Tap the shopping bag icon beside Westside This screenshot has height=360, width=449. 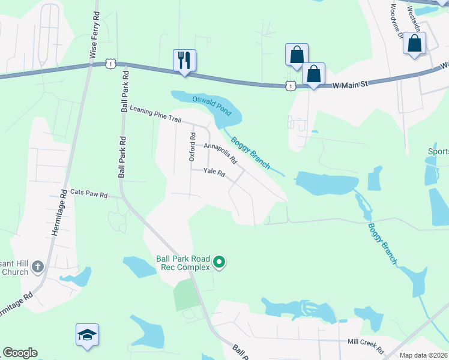click(415, 44)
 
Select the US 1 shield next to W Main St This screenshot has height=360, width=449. click(291, 86)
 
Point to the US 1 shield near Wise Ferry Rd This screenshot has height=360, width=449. click(109, 63)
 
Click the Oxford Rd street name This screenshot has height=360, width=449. click(193, 147)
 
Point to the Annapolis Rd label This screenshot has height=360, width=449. click(220, 154)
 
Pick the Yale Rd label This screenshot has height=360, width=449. click(214, 173)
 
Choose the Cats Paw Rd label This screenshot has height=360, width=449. click(88, 194)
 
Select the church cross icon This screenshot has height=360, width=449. click(37, 266)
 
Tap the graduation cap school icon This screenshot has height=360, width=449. click(87, 334)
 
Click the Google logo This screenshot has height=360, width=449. click(20, 353)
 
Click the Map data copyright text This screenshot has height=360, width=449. click(424, 355)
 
